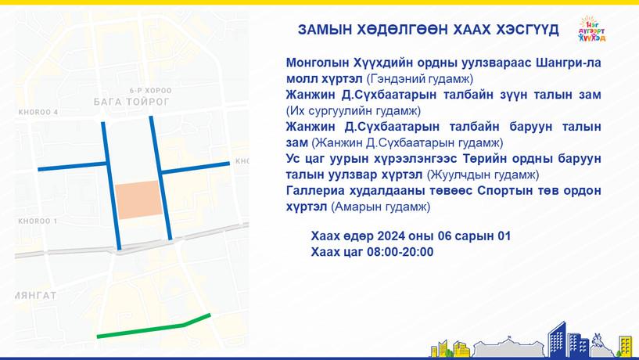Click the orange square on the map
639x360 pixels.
[x=138, y=200]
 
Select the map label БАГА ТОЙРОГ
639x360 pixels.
[x=131, y=102]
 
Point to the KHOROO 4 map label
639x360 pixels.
[x=38, y=112]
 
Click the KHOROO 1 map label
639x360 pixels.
[x=38, y=221]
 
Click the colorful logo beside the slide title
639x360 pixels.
[x=592, y=29]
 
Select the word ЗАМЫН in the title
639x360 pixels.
[x=325, y=30]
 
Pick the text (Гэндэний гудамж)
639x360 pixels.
[x=420, y=79]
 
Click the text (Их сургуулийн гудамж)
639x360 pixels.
[x=354, y=110]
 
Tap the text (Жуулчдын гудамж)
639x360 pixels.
[x=483, y=175]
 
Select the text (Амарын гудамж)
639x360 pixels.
[x=380, y=207]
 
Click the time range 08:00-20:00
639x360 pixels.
[x=400, y=252]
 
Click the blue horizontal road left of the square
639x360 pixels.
[x=72, y=167]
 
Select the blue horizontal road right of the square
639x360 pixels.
[x=195, y=168]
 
